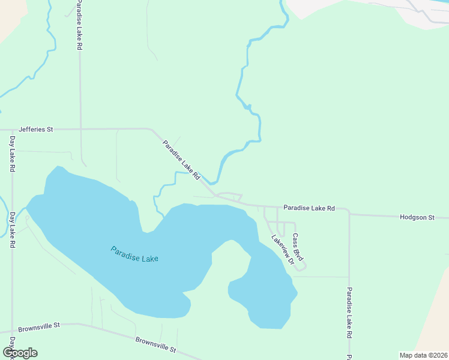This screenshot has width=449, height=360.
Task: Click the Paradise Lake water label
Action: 134,254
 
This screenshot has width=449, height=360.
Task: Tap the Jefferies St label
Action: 36,129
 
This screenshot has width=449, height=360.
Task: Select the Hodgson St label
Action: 417,217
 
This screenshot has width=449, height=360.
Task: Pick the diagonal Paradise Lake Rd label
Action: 181,160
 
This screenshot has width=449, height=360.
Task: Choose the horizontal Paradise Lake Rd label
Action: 309,208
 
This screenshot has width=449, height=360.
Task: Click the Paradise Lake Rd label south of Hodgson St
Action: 349,320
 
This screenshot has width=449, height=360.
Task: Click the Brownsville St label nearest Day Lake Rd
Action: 40,327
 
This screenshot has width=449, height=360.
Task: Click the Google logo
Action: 20,353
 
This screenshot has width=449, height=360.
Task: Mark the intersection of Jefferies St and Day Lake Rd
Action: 12,129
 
